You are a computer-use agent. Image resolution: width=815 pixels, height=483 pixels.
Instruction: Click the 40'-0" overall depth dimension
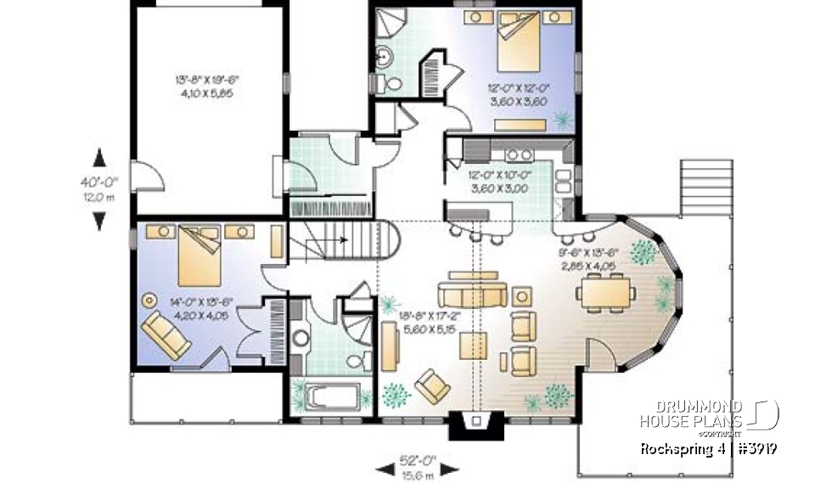[100, 188]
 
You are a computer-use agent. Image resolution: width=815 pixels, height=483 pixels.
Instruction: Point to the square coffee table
[474, 346]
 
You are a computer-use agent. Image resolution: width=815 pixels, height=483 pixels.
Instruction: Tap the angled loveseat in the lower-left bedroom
[166, 334]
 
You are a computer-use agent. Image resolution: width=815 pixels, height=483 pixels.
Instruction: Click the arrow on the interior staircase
[342, 239]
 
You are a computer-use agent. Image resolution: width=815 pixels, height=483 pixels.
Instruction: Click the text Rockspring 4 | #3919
[711, 447]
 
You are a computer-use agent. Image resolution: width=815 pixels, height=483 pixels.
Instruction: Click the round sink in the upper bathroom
[384, 57]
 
